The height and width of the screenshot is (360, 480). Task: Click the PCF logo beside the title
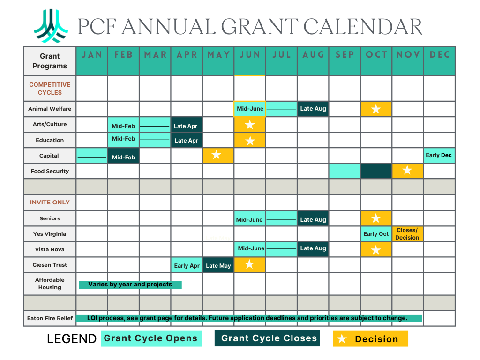coord(51,26)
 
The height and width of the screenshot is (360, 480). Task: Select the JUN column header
coord(250,55)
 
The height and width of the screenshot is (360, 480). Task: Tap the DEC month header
coord(440,55)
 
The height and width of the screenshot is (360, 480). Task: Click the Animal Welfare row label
coord(50,109)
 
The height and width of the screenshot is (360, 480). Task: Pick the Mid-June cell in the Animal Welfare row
coord(250,109)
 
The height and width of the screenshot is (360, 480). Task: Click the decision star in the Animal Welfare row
coord(376,109)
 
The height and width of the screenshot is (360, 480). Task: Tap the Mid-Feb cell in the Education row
coord(123,139)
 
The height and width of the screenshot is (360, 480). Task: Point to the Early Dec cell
coord(439,155)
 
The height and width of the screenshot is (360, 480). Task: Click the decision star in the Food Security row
coord(407,171)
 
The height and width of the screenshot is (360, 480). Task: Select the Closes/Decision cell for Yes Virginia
coord(407,234)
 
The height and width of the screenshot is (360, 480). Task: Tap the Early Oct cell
coord(376,234)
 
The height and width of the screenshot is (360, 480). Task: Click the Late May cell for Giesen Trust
coord(218,265)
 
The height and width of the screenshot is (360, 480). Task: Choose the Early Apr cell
coord(187,265)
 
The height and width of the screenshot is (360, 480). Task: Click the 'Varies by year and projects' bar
coord(130,285)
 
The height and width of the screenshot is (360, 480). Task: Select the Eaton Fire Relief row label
coord(50,318)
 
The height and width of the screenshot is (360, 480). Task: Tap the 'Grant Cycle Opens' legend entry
coord(151,338)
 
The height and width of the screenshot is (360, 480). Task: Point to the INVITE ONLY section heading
coord(50,202)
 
